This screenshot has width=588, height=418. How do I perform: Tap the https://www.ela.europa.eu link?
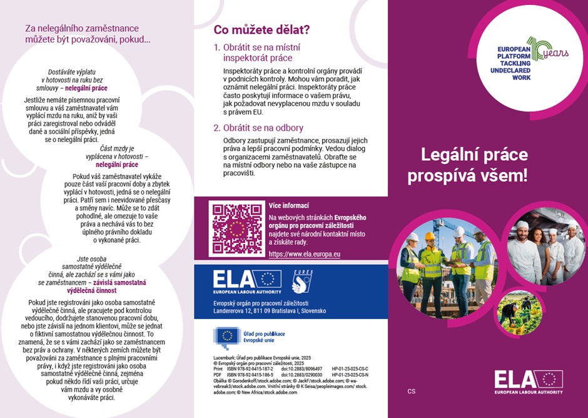[304, 254]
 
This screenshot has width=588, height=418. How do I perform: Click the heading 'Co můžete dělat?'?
[261, 29]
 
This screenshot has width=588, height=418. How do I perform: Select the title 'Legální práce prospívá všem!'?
[467, 165]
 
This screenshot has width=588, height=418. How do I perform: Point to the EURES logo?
[303, 282]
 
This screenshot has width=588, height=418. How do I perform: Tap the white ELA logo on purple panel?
[528, 381]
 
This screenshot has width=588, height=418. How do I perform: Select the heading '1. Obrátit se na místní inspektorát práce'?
[266, 53]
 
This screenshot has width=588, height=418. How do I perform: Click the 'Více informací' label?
[288, 205]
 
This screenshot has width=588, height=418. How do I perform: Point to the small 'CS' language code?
[411, 392]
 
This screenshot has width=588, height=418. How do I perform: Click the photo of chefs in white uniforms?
[547, 248]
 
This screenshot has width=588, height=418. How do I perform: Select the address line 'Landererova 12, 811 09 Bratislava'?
[269, 310]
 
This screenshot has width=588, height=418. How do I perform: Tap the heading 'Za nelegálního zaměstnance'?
[81, 28]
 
